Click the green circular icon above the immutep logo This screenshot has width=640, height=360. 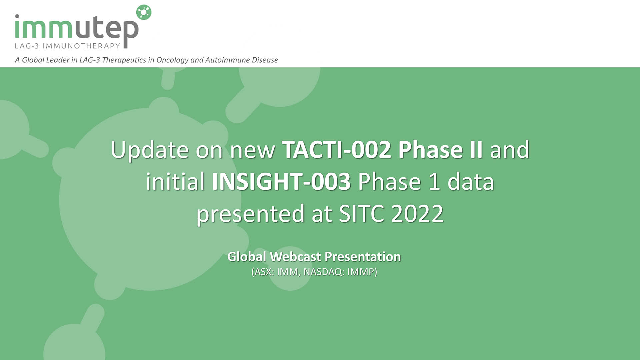coord(144,12)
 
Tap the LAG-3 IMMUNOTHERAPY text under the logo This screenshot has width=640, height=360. coord(67,46)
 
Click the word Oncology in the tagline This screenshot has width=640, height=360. coord(172,60)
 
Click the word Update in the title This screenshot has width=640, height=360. coord(150,150)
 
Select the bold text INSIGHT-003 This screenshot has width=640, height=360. coord(281,181)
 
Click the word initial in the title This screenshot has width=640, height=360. coord(175,181)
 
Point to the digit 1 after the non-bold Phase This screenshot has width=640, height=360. coord(434,182)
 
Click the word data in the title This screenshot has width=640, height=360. coord(471,181)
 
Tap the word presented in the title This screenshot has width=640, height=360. coord(250,214)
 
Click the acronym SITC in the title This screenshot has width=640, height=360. coord(361,213)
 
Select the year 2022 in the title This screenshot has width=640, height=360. coord(417,213)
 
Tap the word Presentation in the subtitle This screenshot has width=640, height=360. coord(363,257)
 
